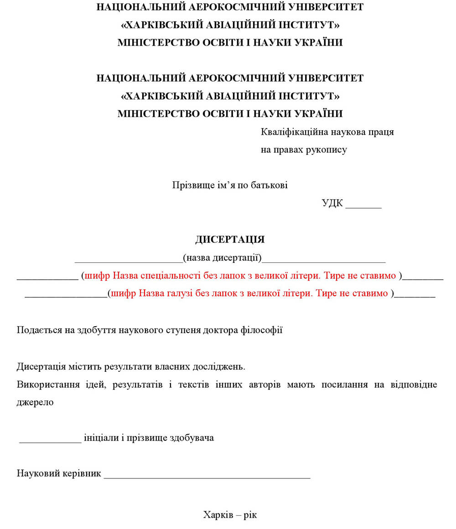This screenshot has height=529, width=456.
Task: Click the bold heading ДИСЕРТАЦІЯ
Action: click(230, 240)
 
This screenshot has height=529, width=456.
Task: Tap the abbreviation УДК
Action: click(332, 203)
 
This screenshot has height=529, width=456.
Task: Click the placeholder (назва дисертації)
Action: click(222, 258)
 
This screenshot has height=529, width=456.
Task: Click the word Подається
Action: click(38, 330)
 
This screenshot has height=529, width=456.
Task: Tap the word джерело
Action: click(35, 402)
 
